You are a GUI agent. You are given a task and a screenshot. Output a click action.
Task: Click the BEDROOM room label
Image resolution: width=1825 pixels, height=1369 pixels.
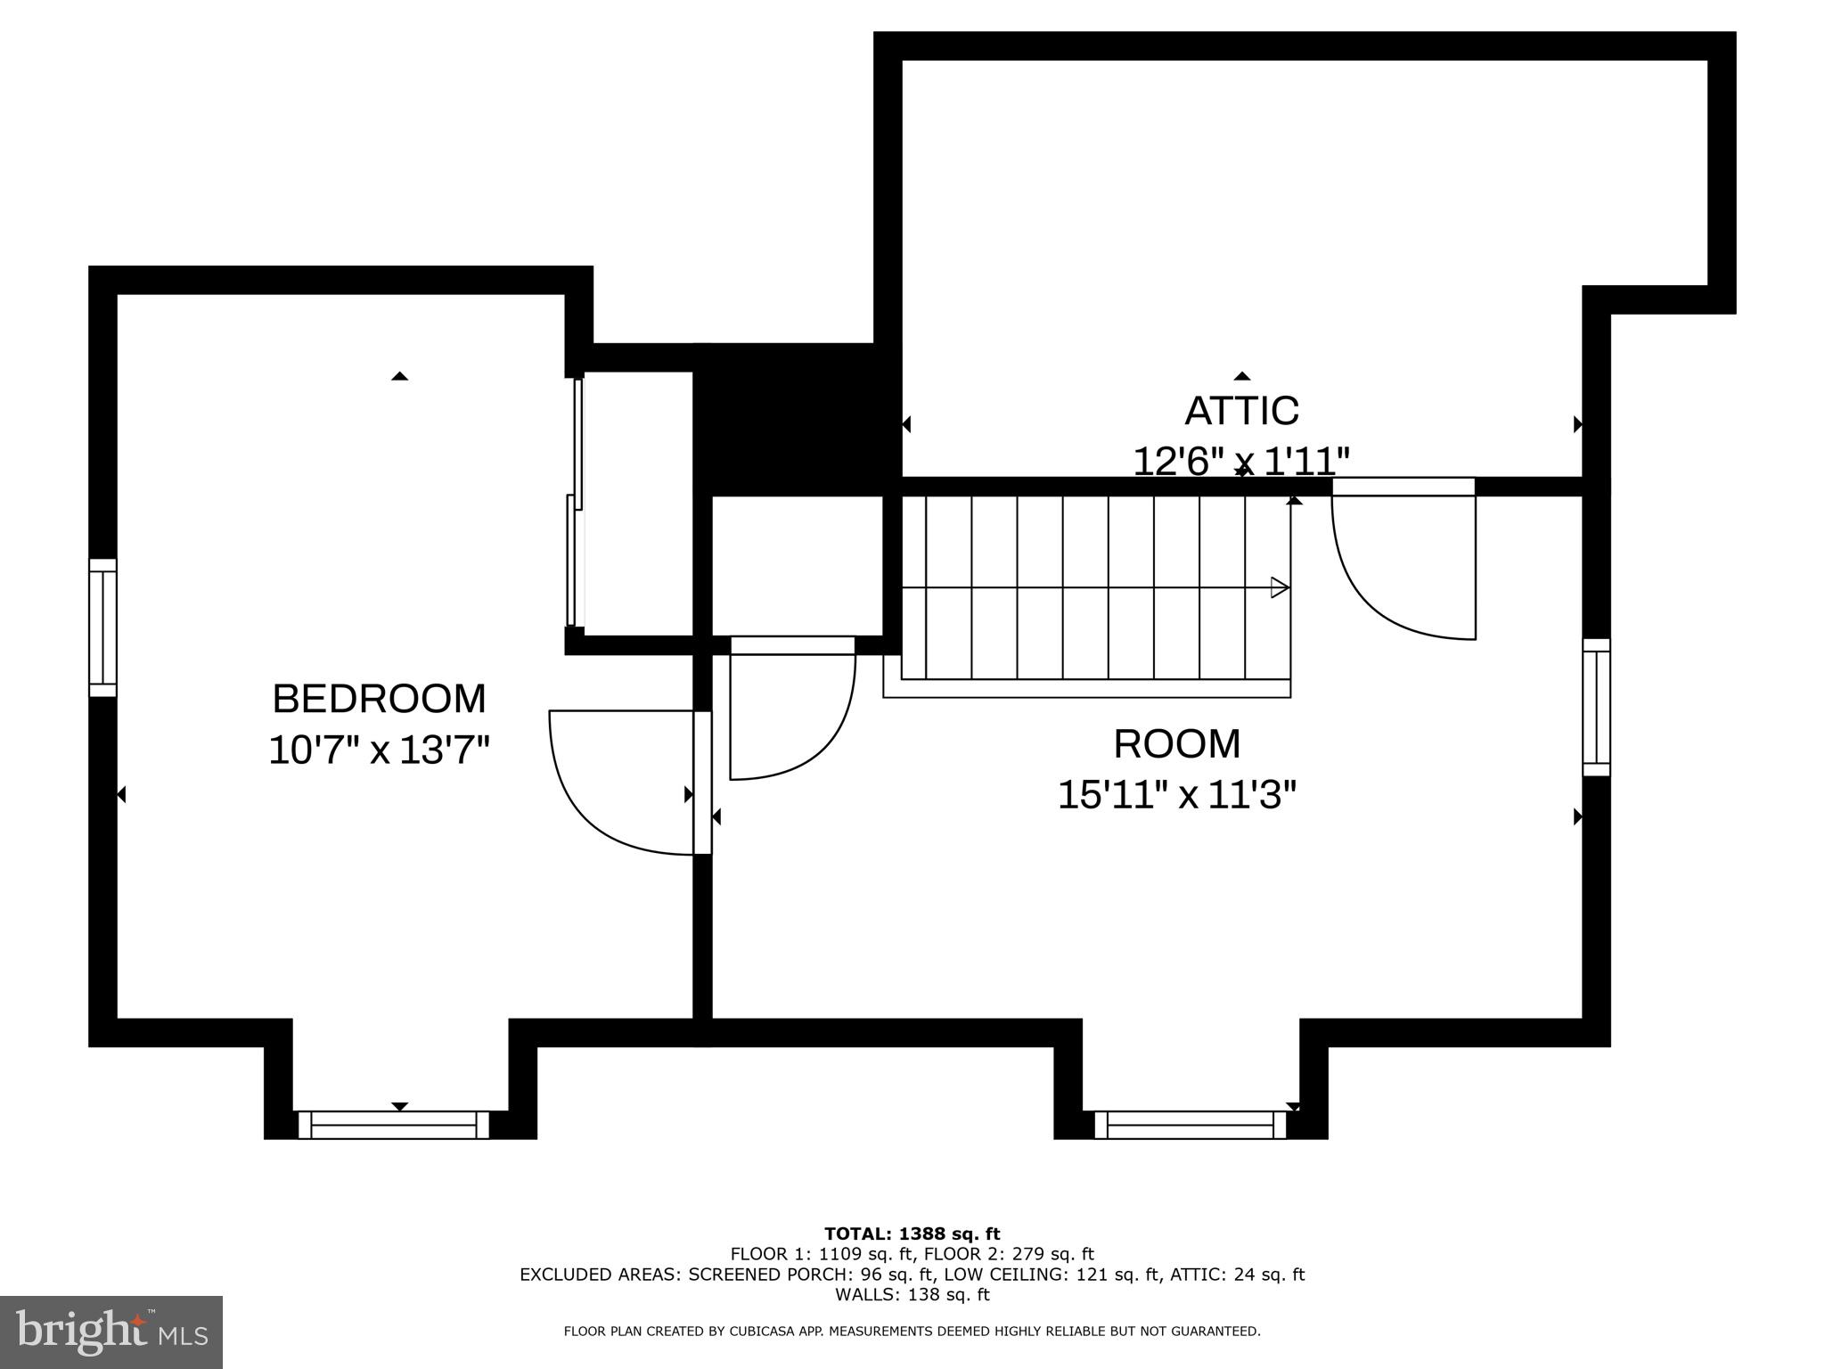tap(379, 699)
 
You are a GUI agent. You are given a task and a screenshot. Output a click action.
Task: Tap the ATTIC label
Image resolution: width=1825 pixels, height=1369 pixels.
tap(1241, 411)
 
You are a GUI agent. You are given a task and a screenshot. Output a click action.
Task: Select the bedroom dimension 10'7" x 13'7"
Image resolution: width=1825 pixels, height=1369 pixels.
tap(379, 750)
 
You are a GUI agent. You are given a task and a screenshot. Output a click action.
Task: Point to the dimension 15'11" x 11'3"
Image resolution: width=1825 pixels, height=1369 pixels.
tap(1176, 794)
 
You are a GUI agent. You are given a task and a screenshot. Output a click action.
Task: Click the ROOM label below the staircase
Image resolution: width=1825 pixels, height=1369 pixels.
tap(1176, 744)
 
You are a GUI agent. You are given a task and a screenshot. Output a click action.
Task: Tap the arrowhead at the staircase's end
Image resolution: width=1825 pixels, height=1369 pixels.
tap(1280, 587)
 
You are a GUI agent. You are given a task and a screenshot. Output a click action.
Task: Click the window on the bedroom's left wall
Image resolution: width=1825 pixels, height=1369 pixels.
tap(102, 627)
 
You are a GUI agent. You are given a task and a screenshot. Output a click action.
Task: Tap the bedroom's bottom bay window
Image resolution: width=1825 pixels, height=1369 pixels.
tap(393, 1125)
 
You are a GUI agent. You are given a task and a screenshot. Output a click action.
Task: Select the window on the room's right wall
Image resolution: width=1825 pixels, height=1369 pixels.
tap(1596, 708)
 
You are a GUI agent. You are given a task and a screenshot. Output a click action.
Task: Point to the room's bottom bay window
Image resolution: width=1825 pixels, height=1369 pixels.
tap(1190, 1125)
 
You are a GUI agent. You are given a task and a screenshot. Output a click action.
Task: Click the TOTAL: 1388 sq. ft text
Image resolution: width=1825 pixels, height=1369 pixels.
tap(912, 1234)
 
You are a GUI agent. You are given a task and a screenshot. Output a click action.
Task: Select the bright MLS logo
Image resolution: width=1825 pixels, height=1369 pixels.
tap(110, 1332)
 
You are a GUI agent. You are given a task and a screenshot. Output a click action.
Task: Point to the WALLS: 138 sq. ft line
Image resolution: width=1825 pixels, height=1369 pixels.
tap(912, 1294)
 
